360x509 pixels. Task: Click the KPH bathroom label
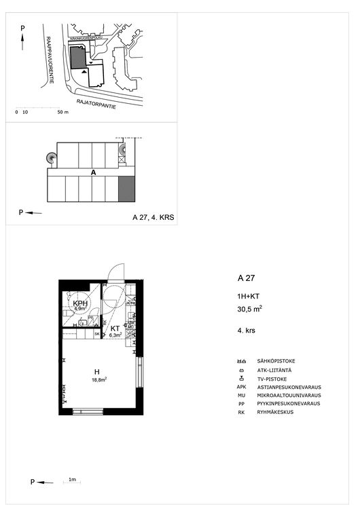coord(81,303)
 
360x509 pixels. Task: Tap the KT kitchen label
coord(115,328)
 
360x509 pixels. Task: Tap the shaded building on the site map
coord(79,57)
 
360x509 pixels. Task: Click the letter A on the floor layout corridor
coord(93,173)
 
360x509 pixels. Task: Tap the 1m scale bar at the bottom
coord(72,482)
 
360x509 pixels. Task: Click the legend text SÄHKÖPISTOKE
coord(276,361)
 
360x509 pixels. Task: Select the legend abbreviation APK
coord(241,387)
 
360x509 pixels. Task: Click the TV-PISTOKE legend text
coord(272,378)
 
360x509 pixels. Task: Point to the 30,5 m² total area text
coord(250,308)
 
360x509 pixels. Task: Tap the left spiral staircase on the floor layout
coord(51,157)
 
